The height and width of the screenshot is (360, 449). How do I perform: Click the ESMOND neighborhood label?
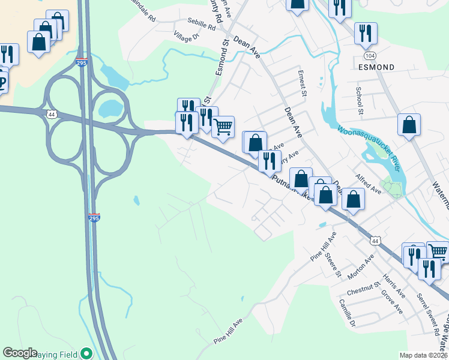click(378, 67)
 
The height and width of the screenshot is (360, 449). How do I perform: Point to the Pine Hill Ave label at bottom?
click(229, 331)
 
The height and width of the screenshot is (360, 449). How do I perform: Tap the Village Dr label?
click(186, 37)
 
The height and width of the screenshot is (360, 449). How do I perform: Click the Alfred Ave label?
click(368, 184)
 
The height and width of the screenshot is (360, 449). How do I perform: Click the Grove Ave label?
click(392, 302)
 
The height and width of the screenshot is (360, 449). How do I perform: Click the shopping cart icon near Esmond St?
click(223, 126)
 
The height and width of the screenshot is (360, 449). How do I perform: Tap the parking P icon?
click(2, 82)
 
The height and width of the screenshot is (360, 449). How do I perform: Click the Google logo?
click(20, 353)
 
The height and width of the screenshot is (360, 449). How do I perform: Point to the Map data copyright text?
click(423, 355)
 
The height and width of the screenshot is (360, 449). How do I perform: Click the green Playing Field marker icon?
click(87, 354)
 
